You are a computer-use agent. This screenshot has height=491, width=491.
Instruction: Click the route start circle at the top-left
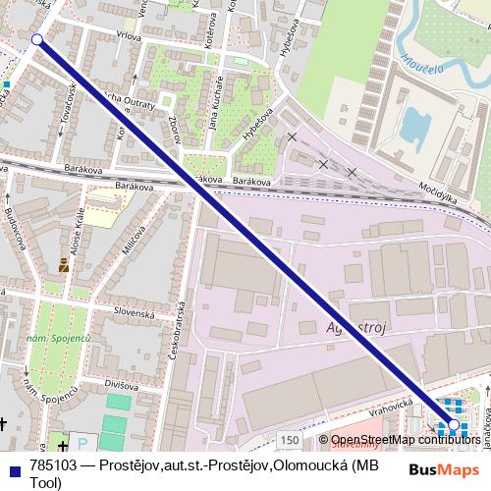pyautogui.click(x=37, y=39)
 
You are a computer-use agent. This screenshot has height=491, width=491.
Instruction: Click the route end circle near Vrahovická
pyautogui.click(x=454, y=425)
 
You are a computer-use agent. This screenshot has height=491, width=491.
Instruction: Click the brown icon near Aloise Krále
pyautogui.click(x=65, y=264)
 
